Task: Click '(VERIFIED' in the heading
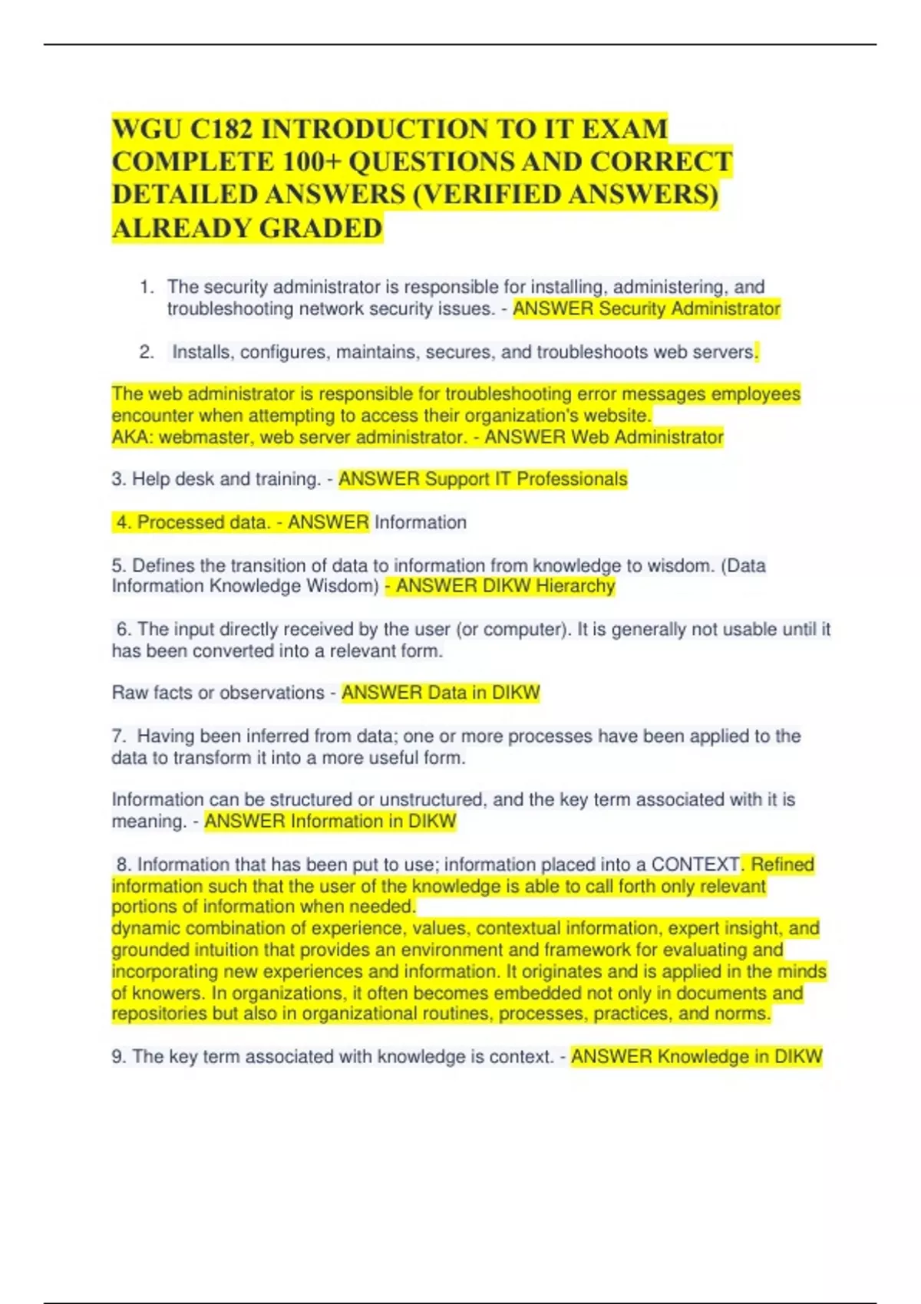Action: pos(487,195)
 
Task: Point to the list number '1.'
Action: pos(147,288)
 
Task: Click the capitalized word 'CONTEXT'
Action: pos(695,864)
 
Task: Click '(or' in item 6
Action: pos(467,630)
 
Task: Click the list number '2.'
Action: pos(147,353)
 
